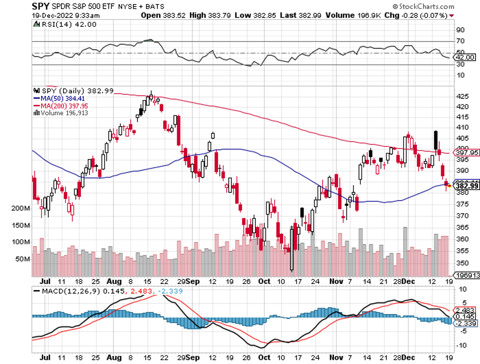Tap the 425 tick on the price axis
(x=462, y=96)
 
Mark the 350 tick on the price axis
(x=462, y=262)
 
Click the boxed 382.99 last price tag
(x=467, y=186)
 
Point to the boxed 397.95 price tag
(x=467, y=152)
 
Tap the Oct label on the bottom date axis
(x=264, y=281)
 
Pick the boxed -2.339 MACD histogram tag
(x=465, y=323)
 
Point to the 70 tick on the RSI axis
(x=460, y=41)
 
